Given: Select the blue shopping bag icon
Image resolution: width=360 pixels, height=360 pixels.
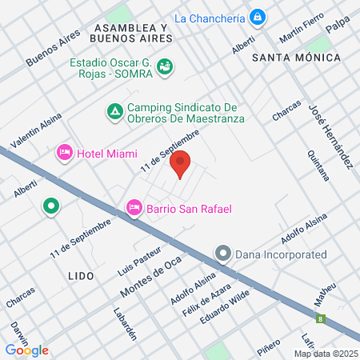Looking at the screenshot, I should (258, 16).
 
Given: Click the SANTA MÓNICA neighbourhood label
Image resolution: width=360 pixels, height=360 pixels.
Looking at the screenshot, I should (296, 58).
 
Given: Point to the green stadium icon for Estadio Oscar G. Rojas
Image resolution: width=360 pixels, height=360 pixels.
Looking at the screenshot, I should (164, 67).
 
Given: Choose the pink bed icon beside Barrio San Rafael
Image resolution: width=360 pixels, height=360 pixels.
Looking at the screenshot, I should (134, 209).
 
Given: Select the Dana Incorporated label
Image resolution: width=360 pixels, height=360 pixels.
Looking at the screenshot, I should (282, 254).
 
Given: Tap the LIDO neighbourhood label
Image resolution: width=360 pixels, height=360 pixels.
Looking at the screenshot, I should (82, 275).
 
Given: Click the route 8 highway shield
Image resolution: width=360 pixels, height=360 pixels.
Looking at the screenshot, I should (322, 319).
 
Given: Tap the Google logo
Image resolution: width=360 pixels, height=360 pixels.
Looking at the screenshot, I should (26, 350).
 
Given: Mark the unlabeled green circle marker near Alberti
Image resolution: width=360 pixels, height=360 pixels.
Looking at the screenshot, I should (51, 206).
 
